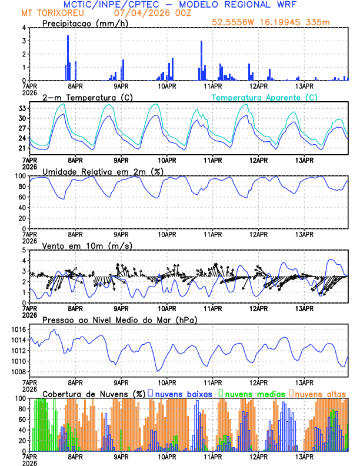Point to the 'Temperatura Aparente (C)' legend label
point(265,97)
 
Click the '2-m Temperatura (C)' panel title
point(87,97)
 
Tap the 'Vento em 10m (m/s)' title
point(87,245)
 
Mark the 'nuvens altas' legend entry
point(320,393)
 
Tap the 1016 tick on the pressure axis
point(17,329)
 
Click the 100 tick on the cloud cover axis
point(19,398)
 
